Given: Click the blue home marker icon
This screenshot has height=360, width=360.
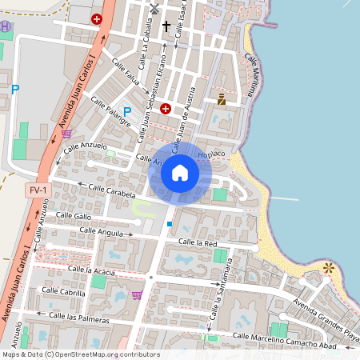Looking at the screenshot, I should click(180, 172).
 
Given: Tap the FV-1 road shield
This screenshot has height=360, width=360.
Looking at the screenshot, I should click(38, 190).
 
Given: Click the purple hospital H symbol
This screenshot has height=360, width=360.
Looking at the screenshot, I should click(6, 26).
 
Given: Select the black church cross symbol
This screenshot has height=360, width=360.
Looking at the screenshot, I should click(166, 26).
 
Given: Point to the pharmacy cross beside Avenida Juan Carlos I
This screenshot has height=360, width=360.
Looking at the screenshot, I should click(97, 18).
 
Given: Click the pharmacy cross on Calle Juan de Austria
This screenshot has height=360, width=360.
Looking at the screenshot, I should click(165, 108).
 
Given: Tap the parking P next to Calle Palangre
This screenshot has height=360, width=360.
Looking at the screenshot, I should click(126, 111).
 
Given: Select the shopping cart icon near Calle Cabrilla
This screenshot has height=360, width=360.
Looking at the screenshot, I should click(137, 295).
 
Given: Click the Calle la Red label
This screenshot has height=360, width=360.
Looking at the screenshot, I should click(198, 242).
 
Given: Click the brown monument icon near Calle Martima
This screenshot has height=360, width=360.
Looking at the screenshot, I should click(222, 100).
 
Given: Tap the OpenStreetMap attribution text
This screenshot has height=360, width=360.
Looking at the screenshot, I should click(80, 354).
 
